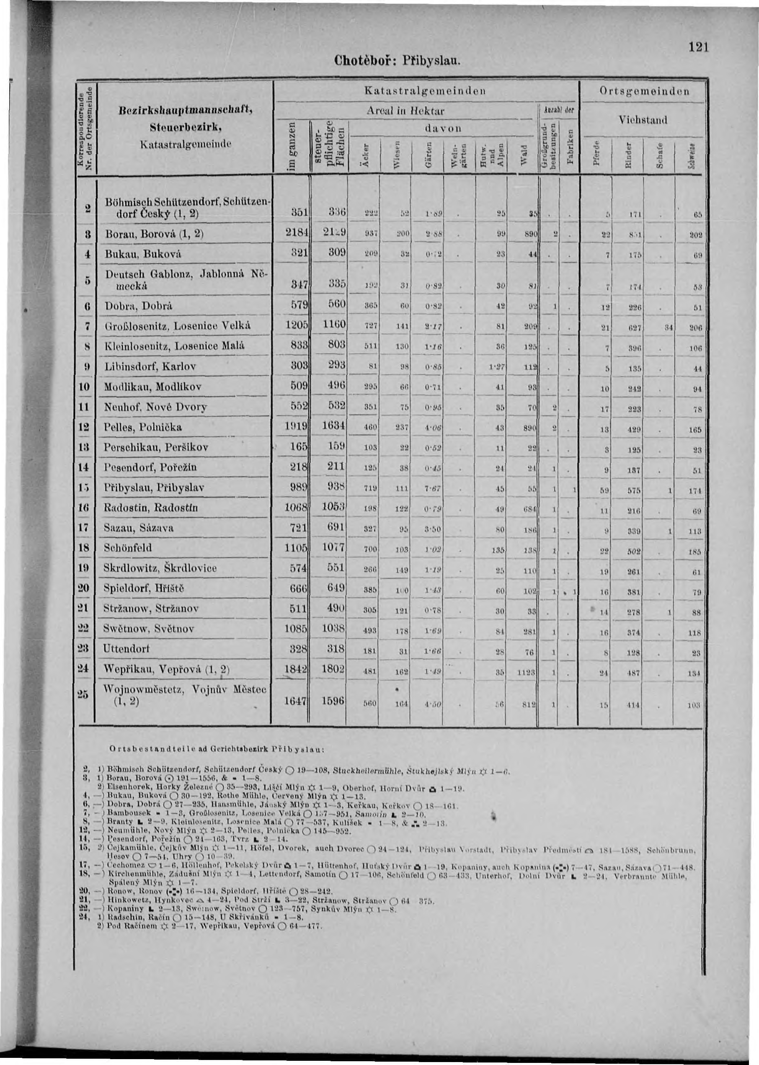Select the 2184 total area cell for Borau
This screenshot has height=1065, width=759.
coord(297,233)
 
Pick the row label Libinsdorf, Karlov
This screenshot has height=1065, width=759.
coord(150,367)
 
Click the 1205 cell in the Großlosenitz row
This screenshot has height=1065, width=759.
coord(297,326)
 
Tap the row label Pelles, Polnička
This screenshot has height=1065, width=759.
coord(144,427)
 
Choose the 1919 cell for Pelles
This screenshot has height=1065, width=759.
coord(297,427)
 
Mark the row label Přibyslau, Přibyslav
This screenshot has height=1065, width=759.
coord(154,487)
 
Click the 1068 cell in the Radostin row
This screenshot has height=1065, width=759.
coord(297,508)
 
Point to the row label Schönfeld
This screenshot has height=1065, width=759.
coord(128,547)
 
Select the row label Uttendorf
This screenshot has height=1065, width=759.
coord(127,649)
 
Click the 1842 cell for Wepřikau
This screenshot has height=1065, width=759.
coord(297,669)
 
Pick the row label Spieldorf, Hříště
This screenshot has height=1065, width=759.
coord(144,588)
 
